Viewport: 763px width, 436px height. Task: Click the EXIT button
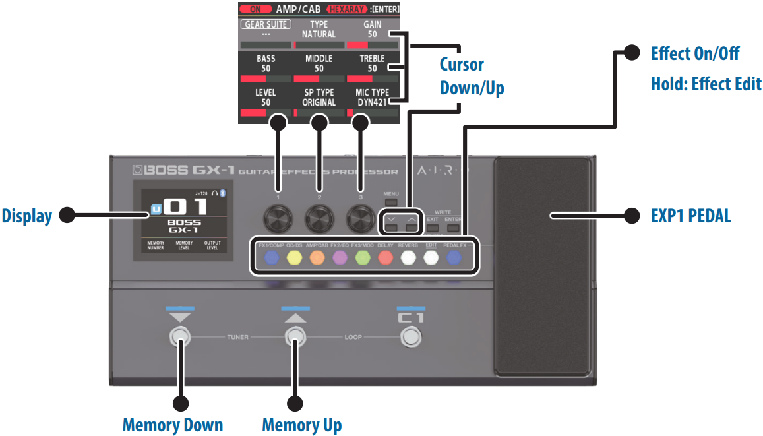pos(433,228)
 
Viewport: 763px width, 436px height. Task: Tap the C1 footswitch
pos(411,338)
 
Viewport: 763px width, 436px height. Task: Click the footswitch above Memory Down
pos(179,338)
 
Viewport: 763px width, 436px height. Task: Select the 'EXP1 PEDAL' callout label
pos(690,215)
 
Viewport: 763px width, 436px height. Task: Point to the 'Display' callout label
pos(26,215)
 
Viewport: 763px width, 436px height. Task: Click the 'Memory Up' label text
pos(301,424)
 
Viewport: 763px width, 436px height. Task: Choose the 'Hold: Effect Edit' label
pos(706,84)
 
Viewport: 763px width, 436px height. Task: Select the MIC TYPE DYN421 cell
pos(372,98)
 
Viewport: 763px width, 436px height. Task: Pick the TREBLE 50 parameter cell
pos(372,63)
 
